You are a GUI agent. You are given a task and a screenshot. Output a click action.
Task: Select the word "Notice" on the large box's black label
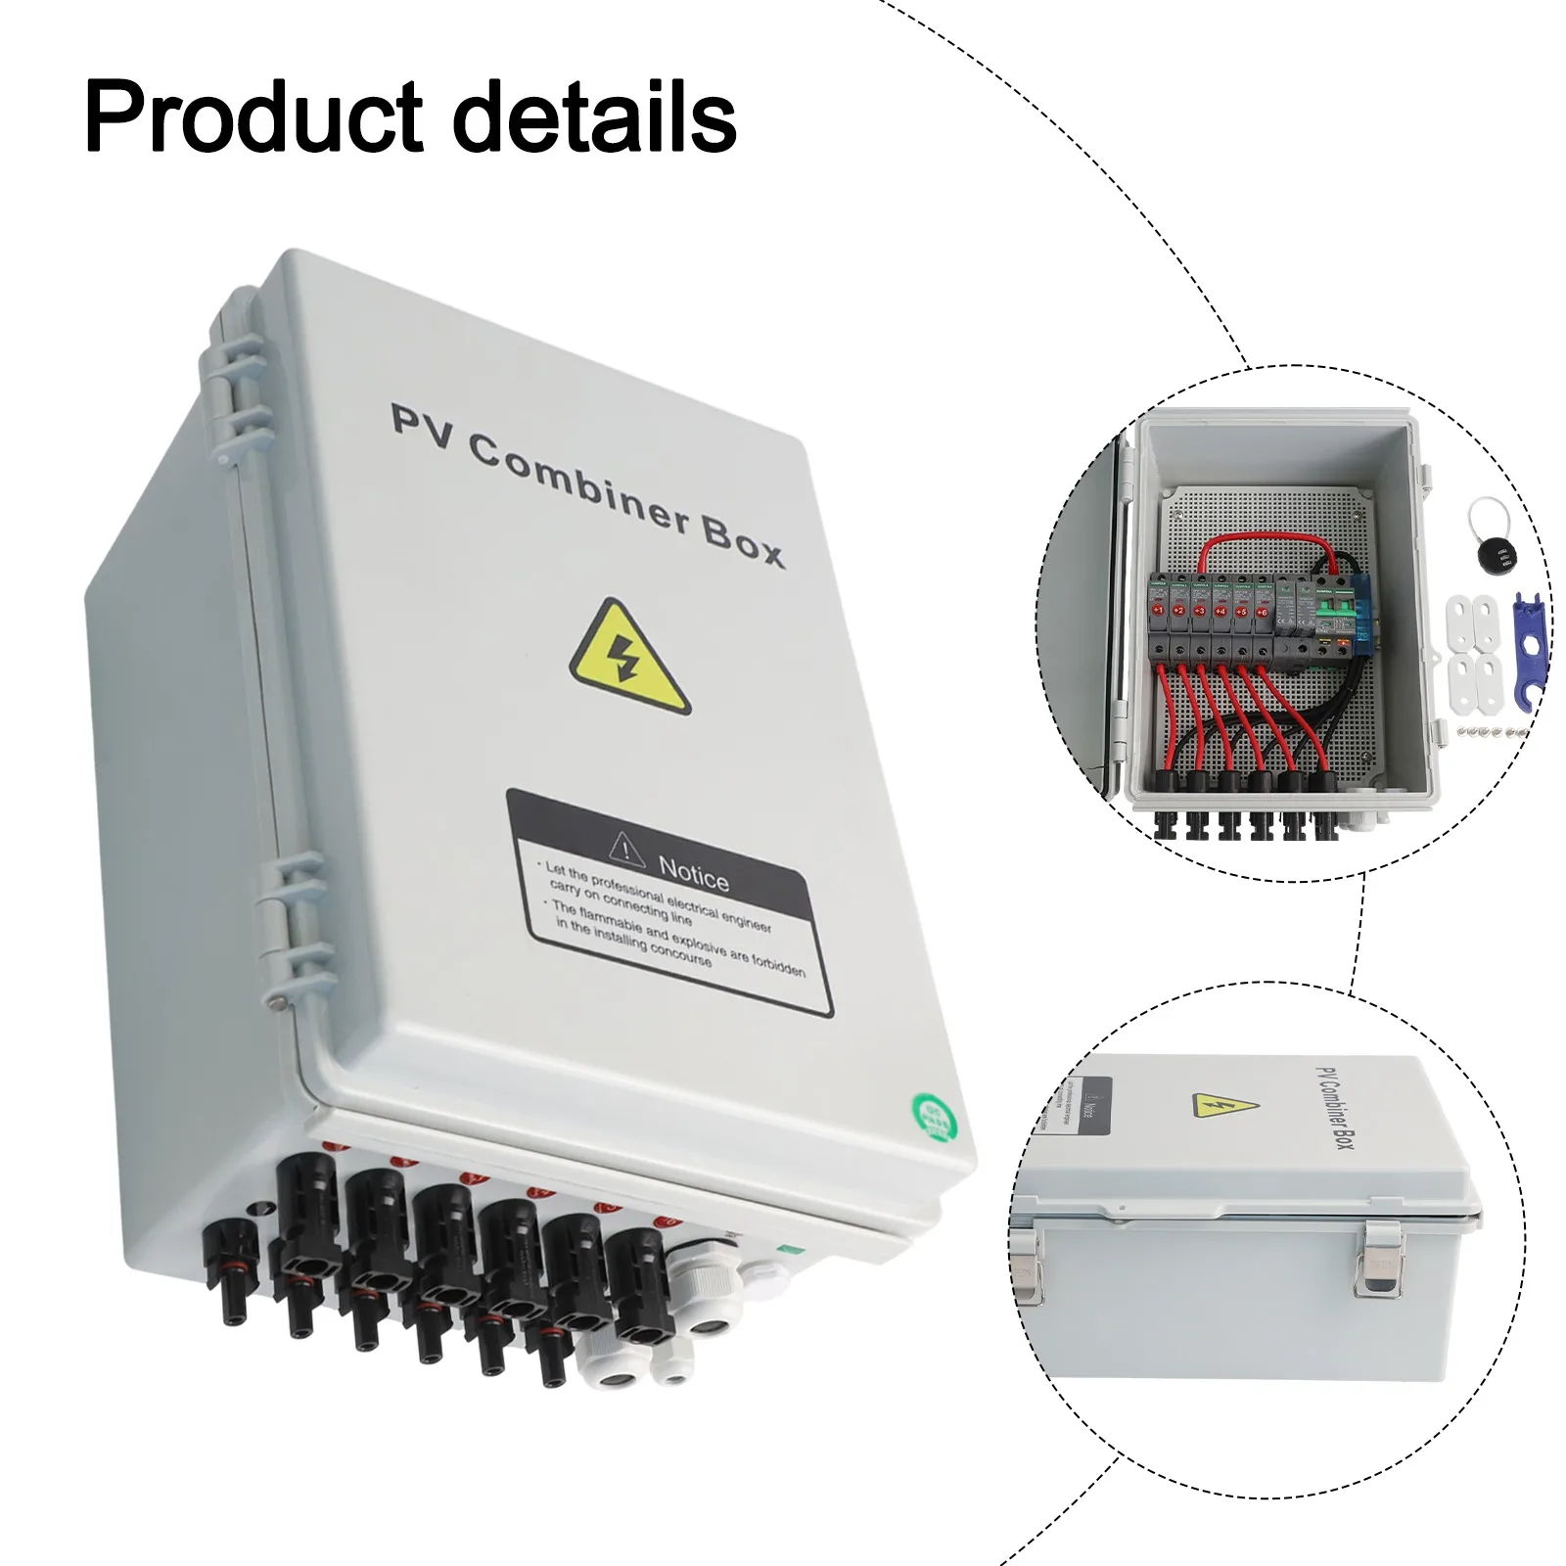(693, 872)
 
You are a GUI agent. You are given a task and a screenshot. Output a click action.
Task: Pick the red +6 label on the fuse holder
(1262, 612)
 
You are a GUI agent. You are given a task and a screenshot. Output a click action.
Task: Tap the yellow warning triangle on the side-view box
(1224, 1106)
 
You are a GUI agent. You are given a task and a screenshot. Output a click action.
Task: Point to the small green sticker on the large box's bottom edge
(784, 1249)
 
